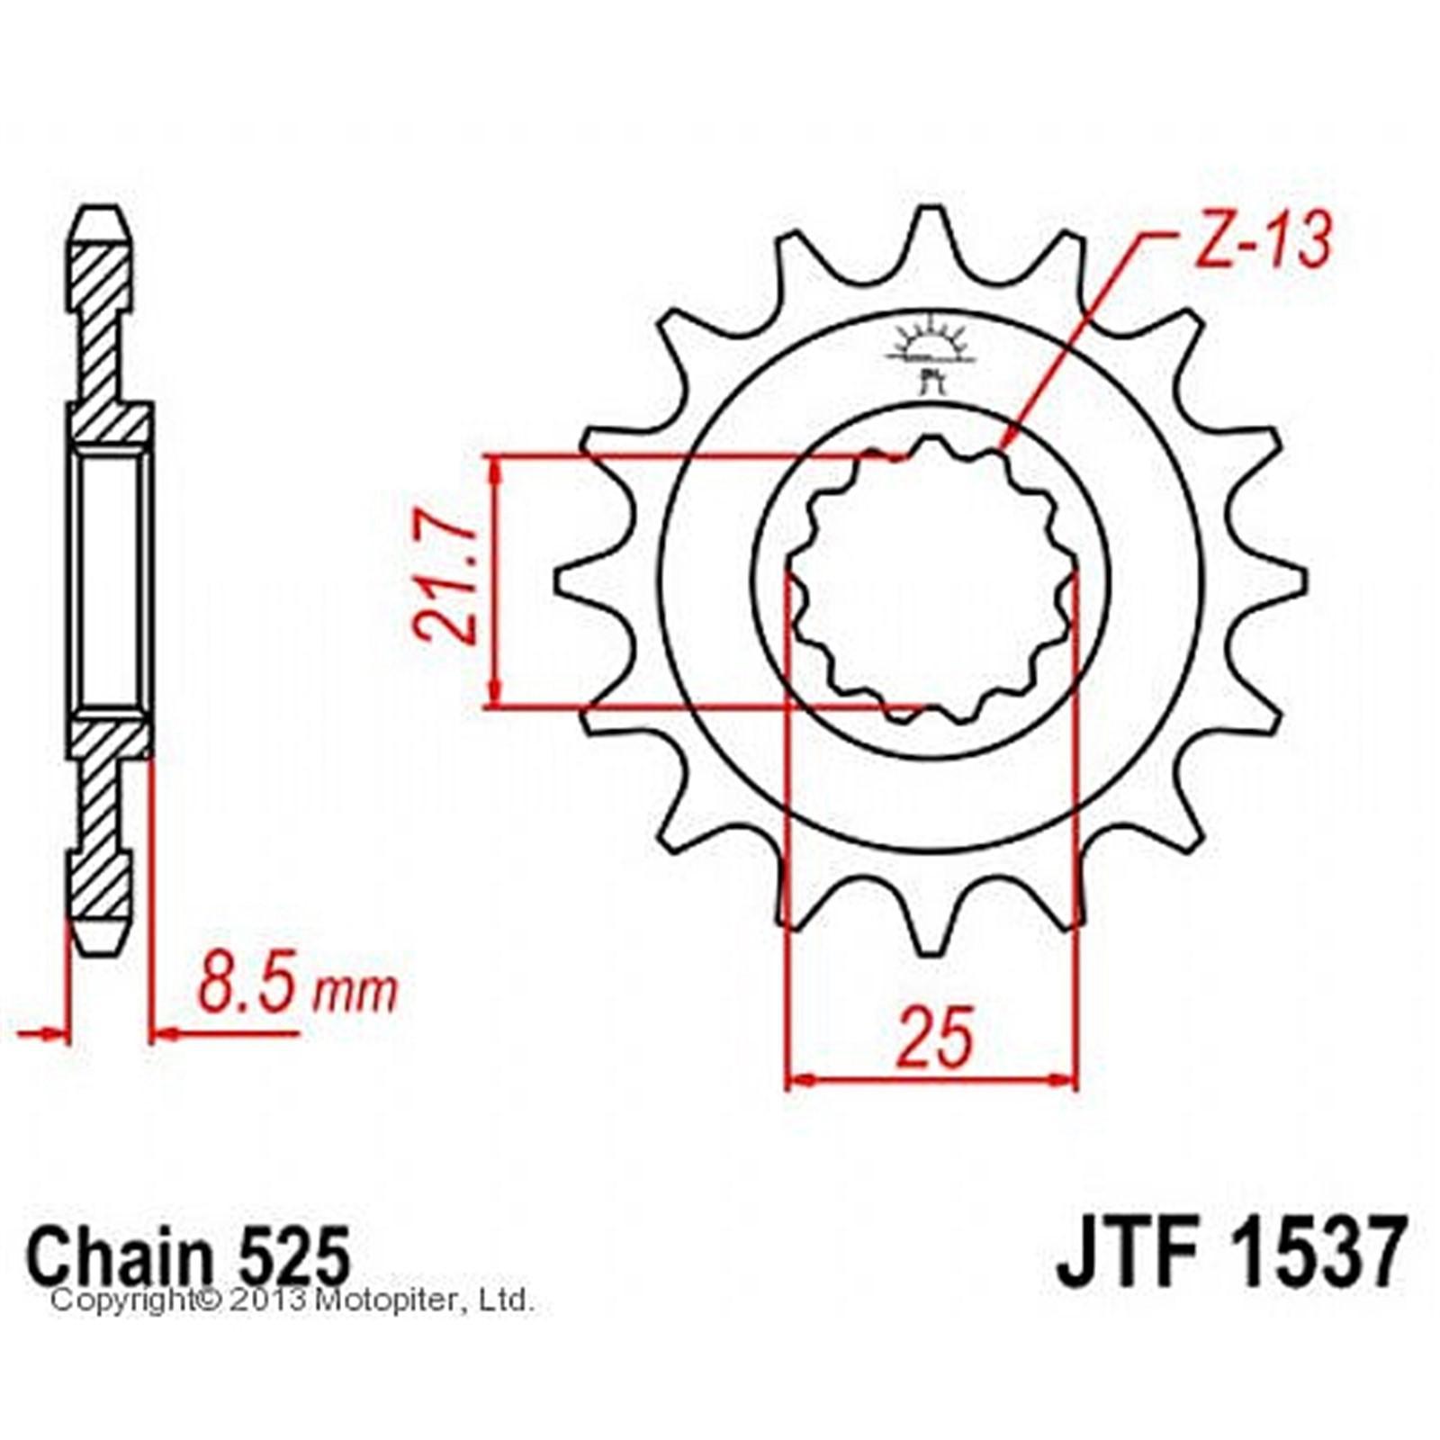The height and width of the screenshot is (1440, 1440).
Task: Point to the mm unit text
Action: click(353, 993)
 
